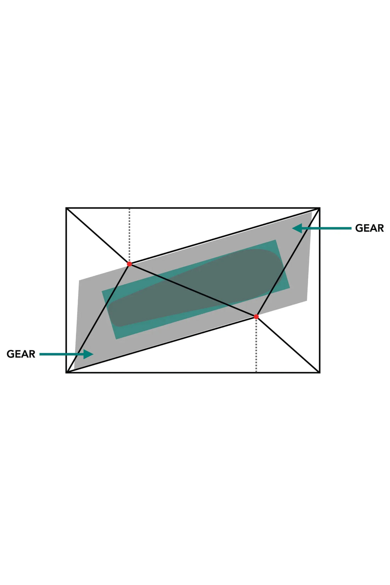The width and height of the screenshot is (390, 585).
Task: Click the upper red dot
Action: (129, 264)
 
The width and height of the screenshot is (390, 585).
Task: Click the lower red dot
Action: (256, 317)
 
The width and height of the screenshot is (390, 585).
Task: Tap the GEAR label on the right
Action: (369, 228)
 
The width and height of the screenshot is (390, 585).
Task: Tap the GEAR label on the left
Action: (21, 354)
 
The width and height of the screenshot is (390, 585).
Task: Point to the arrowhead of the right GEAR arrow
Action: (297, 228)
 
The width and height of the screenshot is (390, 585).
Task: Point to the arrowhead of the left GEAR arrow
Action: (89, 354)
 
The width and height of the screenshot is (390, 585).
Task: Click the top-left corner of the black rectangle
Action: (66, 208)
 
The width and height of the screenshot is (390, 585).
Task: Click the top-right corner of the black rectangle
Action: (320, 208)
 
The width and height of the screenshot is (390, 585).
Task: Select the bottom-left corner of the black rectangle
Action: (66, 372)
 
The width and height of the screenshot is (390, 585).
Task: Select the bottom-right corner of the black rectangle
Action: (320, 372)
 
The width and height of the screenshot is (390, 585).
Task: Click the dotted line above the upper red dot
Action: (129, 235)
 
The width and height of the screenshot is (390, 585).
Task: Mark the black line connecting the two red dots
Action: (193, 290)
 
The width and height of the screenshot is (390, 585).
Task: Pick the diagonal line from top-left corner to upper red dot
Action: (98, 236)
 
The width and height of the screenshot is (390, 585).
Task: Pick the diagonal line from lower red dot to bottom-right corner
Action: (288, 345)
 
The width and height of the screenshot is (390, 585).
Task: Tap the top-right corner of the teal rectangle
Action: (276, 240)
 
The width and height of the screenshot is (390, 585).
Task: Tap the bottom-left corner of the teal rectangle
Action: (116, 339)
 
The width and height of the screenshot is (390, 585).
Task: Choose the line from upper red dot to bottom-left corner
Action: (98, 318)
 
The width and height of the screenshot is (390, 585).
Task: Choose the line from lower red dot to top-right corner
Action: (288, 262)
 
